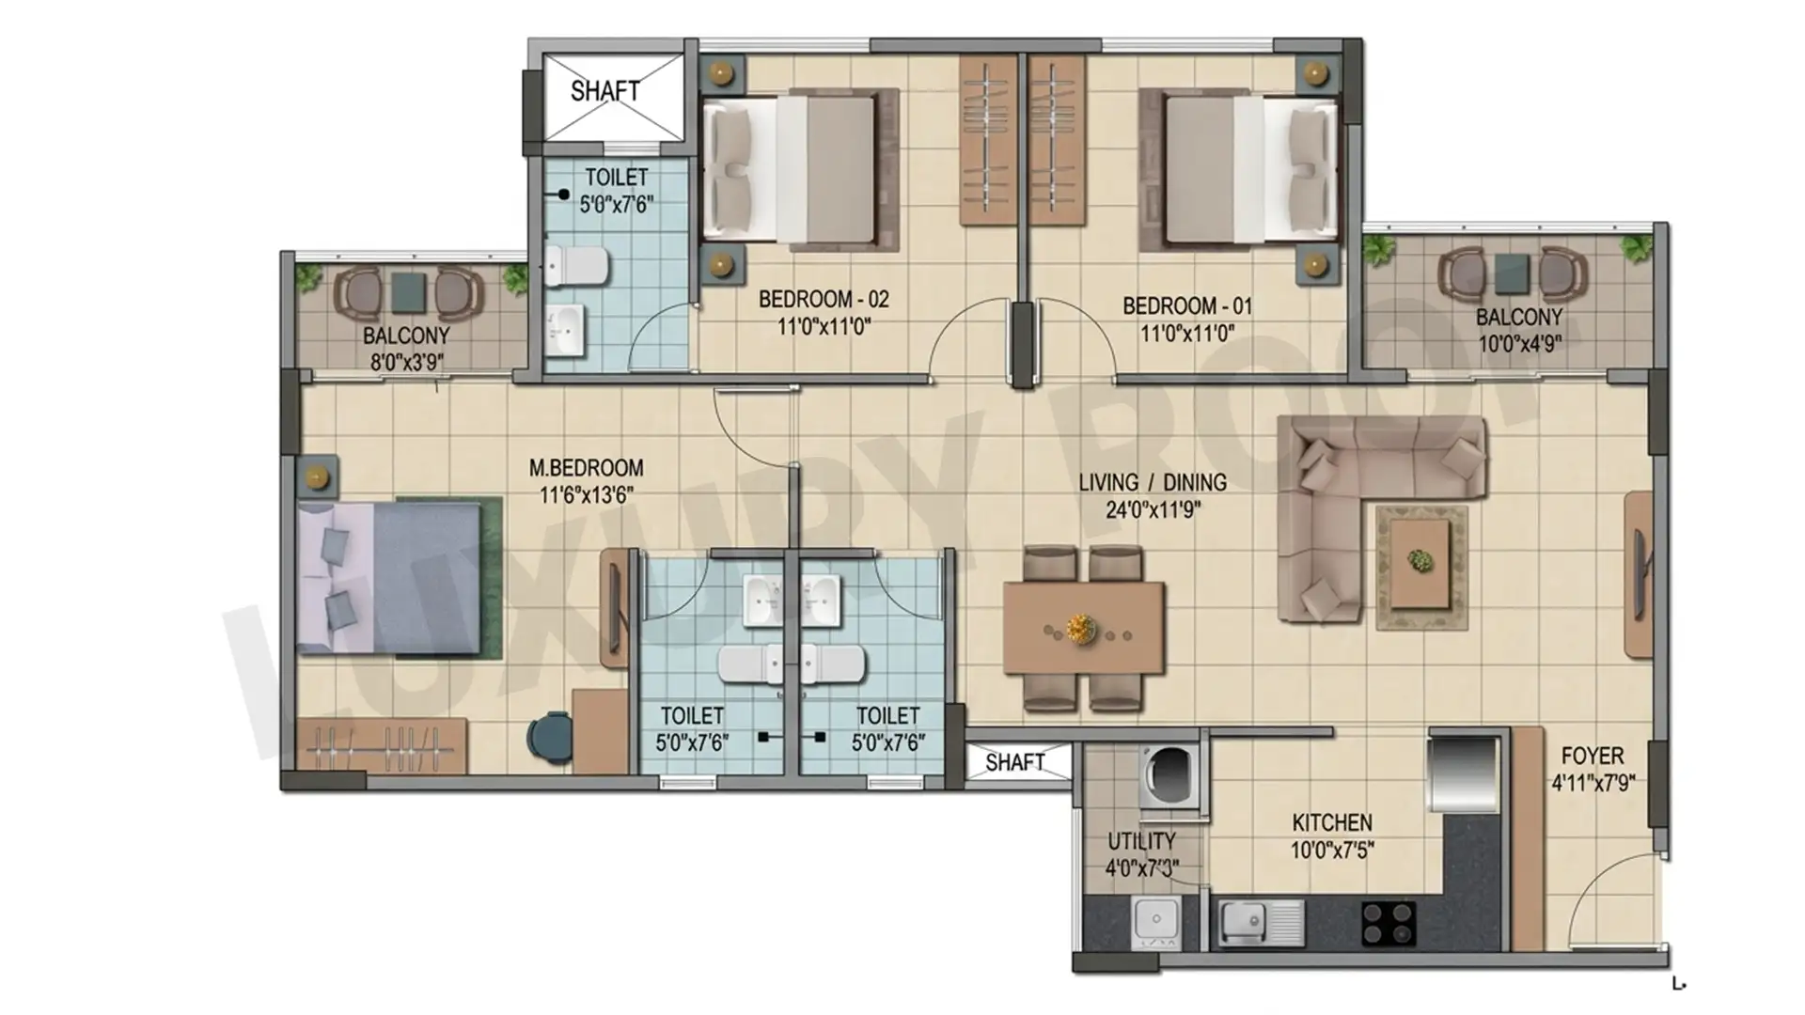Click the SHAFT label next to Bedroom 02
(x=604, y=91)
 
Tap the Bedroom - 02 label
(x=824, y=300)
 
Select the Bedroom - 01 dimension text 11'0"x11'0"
(x=1187, y=334)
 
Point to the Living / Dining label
(x=1153, y=482)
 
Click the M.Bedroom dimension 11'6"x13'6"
(x=586, y=495)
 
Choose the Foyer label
(x=1593, y=756)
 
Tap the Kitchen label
(x=1332, y=823)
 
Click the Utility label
(x=1141, y=841)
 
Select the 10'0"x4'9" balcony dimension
(x=1520, y=344)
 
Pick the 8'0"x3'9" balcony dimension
(x=407, y=362)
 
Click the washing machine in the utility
(x=1170, y=776)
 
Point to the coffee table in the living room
(x=1421, y=565)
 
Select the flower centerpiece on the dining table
(x=1081, y=628)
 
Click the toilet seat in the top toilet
(x=575, y=266)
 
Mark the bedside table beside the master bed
(x=317, y=478)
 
